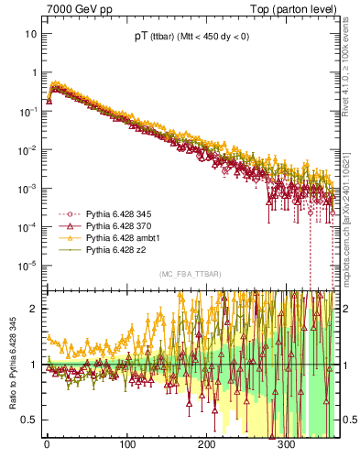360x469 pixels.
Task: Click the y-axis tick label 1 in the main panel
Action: click(34, 72)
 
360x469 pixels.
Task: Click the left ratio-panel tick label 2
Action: click(34, 309)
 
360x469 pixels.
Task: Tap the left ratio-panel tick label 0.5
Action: click(29, 420)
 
